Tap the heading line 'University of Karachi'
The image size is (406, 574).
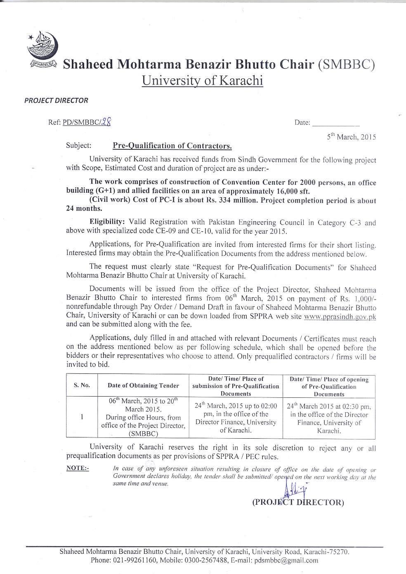click(x=202, y=80)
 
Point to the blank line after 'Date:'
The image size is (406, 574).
click(x=335, y=123)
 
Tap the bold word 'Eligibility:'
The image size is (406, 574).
click(x=107, y=222)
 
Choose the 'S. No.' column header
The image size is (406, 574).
click(x=82, y=385)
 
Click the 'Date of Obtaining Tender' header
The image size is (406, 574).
click(x=143, y=385)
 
